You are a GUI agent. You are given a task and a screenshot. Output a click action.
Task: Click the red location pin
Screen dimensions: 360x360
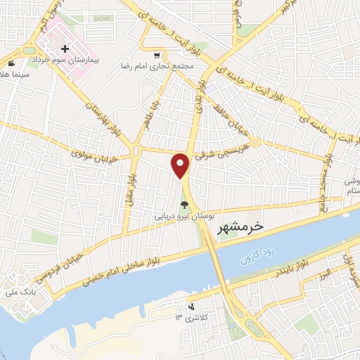[x=181, y=165]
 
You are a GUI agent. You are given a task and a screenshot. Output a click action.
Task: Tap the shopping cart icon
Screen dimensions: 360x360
[x=157, y=55]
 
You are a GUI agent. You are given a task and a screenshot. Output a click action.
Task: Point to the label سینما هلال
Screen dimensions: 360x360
[x=14, y=74]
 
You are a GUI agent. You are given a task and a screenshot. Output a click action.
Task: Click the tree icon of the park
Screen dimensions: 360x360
[x=184, y=206]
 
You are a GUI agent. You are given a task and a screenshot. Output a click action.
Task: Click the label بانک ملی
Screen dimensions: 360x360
[x=15, y=291]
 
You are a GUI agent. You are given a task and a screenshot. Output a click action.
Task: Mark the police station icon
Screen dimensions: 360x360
[x=191, y=307]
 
